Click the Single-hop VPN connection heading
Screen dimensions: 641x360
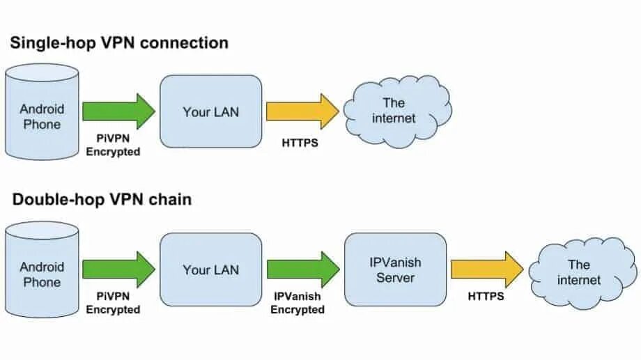click(x=119, y=43)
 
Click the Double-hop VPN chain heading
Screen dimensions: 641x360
click(x=102, y=200)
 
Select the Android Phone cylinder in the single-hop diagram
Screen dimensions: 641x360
click(x=42, y=111)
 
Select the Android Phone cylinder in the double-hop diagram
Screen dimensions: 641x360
click(x=42, y=269)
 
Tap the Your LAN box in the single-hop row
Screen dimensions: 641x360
click(x=211, y=111)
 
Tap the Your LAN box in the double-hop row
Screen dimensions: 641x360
click(x=211, y=269)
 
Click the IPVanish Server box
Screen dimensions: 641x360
click(x=395, y=269)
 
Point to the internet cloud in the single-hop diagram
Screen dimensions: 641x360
click(x=397, y=111)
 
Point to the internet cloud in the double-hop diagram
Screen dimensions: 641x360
click(x=582, y=273)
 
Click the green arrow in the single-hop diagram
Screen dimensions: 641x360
click(x=119, y=111)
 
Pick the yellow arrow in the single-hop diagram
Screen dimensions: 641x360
click(x=303, y=111)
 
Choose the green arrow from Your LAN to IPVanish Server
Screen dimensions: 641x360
click(x=303, y=269)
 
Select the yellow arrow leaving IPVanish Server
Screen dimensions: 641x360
click(x=487, y=269)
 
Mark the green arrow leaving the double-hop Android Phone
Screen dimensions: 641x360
click(x=119, y=269)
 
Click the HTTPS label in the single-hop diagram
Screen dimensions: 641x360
click(x=300, y=143)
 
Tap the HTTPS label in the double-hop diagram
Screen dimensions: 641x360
click(x=486, y=296)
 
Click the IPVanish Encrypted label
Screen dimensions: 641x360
click(x=298, y=303)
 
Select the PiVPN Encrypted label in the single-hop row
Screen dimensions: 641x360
click(x=114, y=145)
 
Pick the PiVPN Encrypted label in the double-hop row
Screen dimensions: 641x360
click(x=114, y=303)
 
